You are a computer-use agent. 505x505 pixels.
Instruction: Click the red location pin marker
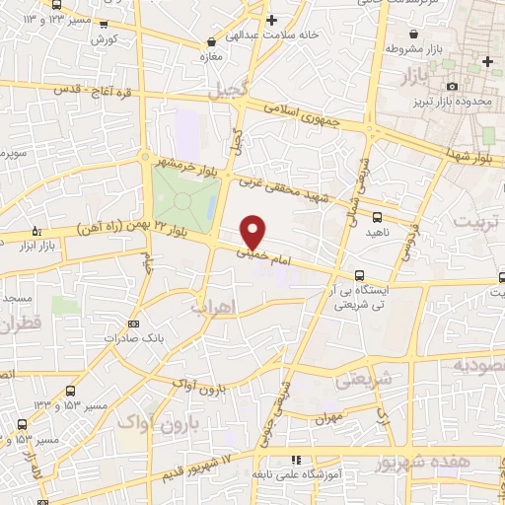[x=253, y=231]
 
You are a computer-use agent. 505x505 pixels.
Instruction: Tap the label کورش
[x=105, y=39]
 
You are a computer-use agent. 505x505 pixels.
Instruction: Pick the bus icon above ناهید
[x=378, y=217]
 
